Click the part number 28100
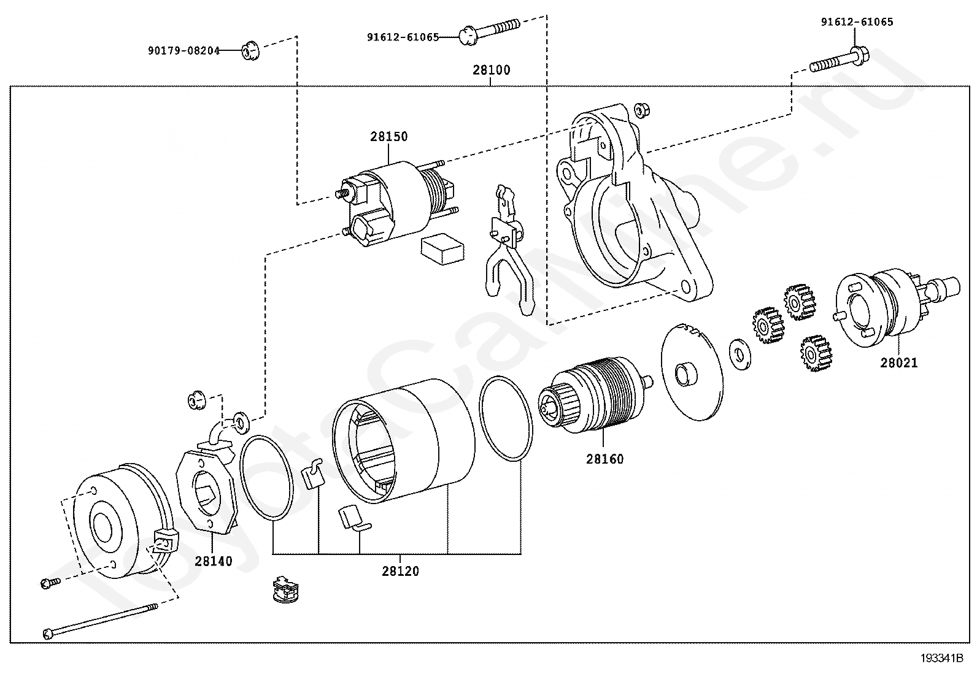tap(491, 70)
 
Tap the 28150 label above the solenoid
tap(388, 136)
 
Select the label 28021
tap(899, 362)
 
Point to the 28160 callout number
tap(604, 459)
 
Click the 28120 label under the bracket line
tap(400, 571)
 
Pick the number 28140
tap(214, 561)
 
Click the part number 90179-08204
tap(183, 51)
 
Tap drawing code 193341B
tap(945, 659)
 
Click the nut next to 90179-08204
tap(249, 50)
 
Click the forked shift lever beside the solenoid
tap(508, 251)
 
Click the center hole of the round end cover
tap(102, 526)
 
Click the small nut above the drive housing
tap(642, 109)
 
